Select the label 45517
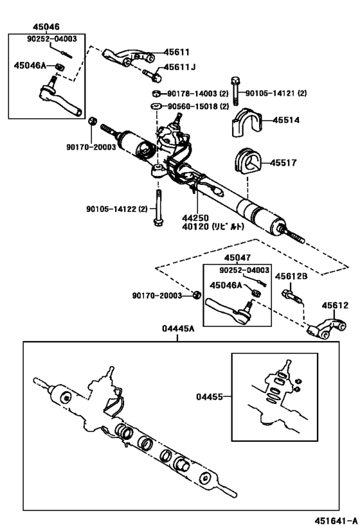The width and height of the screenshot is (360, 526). [x=283, y=163]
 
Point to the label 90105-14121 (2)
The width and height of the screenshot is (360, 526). [x=276, y=93]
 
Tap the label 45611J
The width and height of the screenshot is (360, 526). [x=179, y=67]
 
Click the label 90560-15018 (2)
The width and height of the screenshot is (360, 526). [x=199, y=106]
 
